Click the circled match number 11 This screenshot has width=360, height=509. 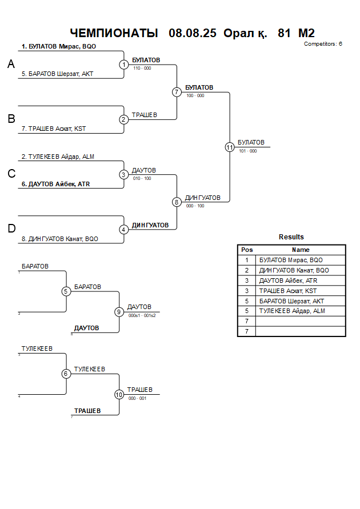pyautogui.click(x=230, y=147)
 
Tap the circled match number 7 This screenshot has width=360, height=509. pyautogui.click(x=177, y=92)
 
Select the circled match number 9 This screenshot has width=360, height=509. pyautogui.click(x=119, y=312)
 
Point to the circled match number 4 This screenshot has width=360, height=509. pyautogui.click(x=124, y=230)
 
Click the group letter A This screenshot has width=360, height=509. pyautogui.click(x=11, y=65)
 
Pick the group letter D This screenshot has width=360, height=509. pyautogui.click(x=11, y=229)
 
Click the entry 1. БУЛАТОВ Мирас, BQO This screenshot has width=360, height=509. pyautogui.click(x=59, y=46)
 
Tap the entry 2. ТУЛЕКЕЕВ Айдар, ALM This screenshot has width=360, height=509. pyautogui.click(x=58, y=157)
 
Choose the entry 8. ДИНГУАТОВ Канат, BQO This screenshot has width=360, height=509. pyautogui.click(x=63, y=239)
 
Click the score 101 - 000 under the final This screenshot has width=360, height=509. pyautogui.click(x=248, y=151)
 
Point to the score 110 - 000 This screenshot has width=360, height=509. pyautogui.click(x=142, y=68)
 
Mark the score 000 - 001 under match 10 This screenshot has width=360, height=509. pyautogui.click(x=137, y=398)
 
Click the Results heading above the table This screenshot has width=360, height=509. pyautogui.click(x=291, y=237)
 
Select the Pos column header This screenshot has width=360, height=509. pyautogui.click(x=247, y=250)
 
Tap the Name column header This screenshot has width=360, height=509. pyautogui.click(x=301, y=250)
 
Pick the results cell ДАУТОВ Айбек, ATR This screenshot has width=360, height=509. pyautogui.click(x=288, y=280)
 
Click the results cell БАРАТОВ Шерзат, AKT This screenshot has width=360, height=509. pyautogui.click(x=291, y=301)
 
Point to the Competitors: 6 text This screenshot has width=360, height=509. pyautogui.click(x=323, y=43)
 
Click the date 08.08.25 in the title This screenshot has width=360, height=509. pyautogui.click(x=193, y=33)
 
